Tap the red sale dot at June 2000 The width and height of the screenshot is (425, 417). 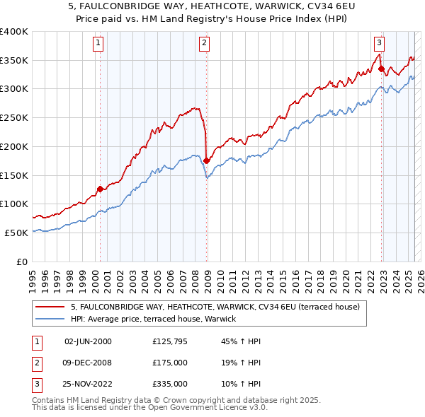click(x=100, y=189)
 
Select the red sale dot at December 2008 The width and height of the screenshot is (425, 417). click(x=206, y=160)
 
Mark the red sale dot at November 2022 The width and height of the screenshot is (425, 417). click(x=381, y=69)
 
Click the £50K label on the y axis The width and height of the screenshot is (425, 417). click(x=16, y=233)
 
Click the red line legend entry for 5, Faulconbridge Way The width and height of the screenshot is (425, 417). click(x=215, y=307)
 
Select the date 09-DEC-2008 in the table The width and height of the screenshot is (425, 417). click(x=88, y=363)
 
